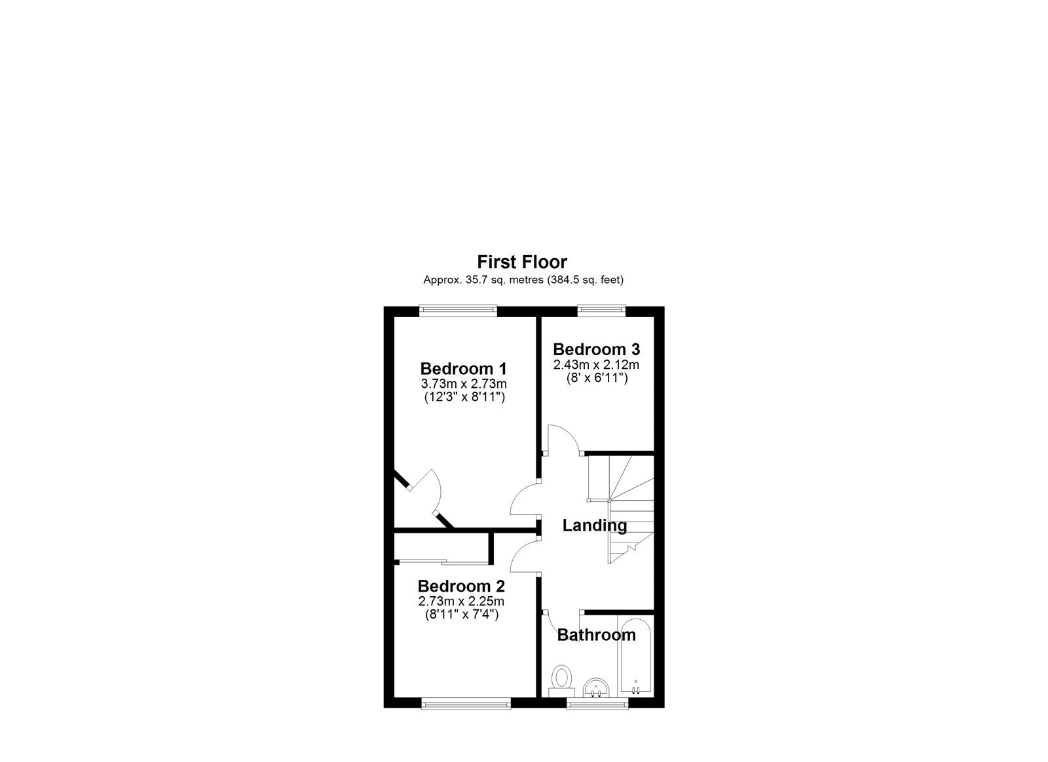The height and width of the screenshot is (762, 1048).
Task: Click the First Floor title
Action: coord(521,262)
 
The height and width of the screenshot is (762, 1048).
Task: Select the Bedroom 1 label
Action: coord(463,368)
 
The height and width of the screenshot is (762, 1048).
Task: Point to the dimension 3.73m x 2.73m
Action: coord(463,383)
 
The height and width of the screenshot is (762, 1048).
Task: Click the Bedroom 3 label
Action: coord(596,349)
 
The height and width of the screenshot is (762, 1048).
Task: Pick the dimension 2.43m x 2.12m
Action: coord(596,364)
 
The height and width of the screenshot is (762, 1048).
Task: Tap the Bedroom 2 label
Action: coord(461,586)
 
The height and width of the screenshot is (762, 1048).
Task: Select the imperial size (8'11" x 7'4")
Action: coord(461,615)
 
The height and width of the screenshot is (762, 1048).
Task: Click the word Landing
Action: coord(595,525)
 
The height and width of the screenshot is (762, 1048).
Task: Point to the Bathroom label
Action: coord(596,635)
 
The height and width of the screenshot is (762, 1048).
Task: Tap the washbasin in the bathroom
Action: coord(596,688)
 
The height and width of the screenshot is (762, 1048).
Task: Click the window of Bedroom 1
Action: coord(458,311)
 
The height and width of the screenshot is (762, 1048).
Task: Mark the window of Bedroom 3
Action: coord(601,311)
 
